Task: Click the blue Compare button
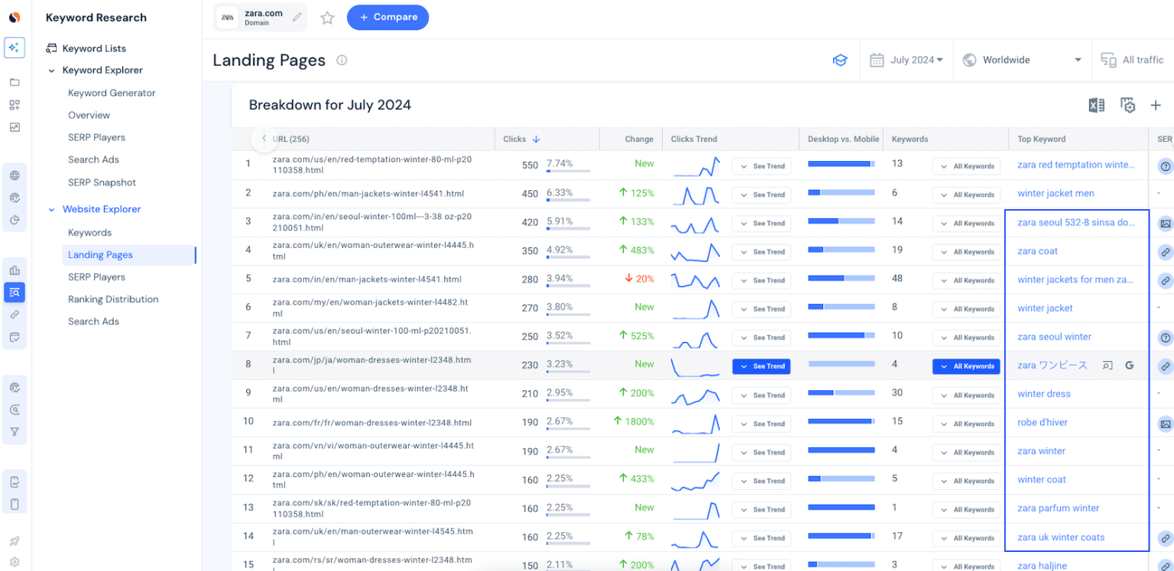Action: [x=388, y=18]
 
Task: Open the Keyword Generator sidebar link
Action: [x=112, y=93]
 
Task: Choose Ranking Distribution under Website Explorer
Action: [x=113, y=299]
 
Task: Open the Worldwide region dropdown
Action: [x=1022, y=60]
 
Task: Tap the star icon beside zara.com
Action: [x=327, y=18]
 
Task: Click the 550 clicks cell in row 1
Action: [x=530, y=165]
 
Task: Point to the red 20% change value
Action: [x=640, y=279]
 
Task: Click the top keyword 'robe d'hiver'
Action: [x=1043, y=423]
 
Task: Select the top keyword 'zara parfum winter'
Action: [x=1058, y=508]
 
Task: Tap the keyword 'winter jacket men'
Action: [x=1056, y=194]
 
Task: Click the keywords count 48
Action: [x=897, y=279]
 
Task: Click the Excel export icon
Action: [x=1096, y=105]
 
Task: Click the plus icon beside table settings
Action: [x=1156, y=105]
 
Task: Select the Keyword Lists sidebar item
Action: [x=93, y=49]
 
